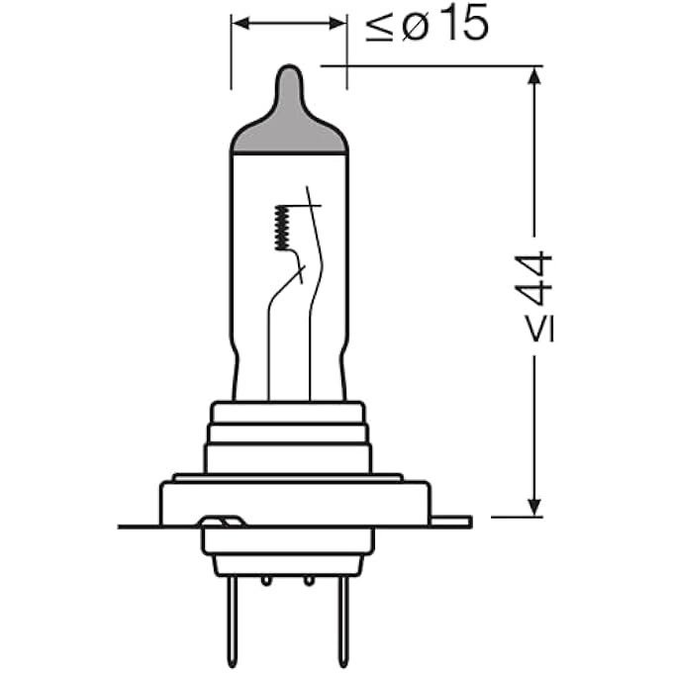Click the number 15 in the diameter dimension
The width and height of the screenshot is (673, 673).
465,24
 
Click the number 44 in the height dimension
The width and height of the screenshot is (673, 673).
533,278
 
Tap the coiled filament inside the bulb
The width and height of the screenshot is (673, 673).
282,228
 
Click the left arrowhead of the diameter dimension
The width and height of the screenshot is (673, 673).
240,24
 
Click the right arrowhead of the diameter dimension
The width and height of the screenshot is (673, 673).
337,24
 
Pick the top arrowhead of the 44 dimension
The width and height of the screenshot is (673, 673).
533,75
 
